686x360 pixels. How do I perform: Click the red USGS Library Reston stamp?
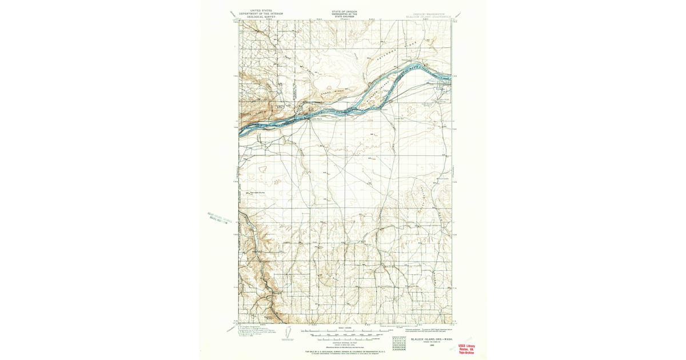(x=466, y=349)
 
